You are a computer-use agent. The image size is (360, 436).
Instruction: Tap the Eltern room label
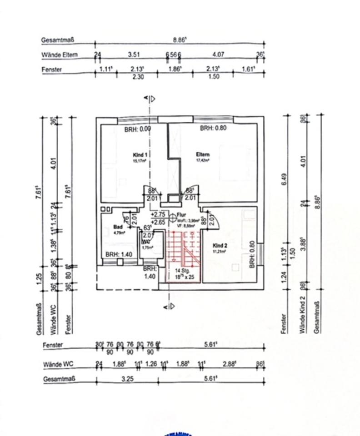click(203, 154)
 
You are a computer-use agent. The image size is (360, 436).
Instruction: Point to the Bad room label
click(118, 226)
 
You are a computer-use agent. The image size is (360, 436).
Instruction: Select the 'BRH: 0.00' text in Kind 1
click(137, 129)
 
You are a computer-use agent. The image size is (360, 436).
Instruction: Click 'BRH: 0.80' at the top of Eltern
click(213, 129)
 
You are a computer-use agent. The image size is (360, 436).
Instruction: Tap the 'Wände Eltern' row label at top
click(60, 55)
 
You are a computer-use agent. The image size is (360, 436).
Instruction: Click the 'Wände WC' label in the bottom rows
click(58, 364)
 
